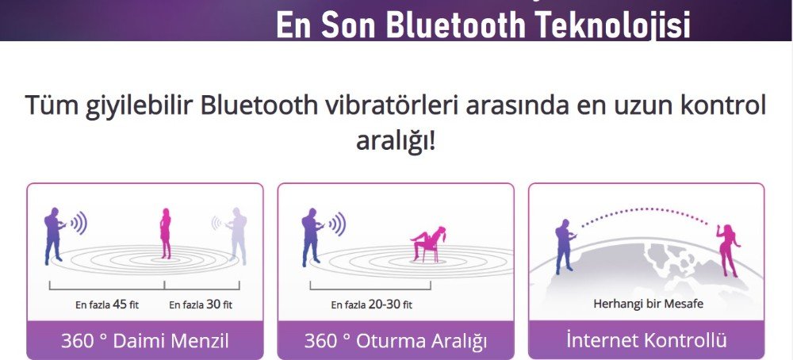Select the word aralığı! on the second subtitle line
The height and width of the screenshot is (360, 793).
click(396, 141)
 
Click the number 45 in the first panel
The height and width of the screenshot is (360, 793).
click(120, 304)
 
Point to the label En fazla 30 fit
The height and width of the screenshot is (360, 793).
click(201, 304)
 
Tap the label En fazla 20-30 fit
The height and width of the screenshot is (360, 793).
click(372, 304)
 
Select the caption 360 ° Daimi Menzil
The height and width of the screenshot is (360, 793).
click(145, 340)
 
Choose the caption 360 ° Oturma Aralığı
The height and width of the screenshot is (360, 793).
click(396, 341)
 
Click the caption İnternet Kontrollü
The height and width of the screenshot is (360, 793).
click(646, 339)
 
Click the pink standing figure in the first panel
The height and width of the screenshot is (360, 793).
click(166, 233)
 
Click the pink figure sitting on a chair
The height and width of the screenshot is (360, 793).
click(430, 243)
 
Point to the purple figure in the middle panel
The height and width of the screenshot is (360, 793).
click(311, 237)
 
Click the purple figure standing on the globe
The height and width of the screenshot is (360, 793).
click(565, 247)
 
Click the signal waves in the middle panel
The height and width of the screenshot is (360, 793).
click(338, 224)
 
